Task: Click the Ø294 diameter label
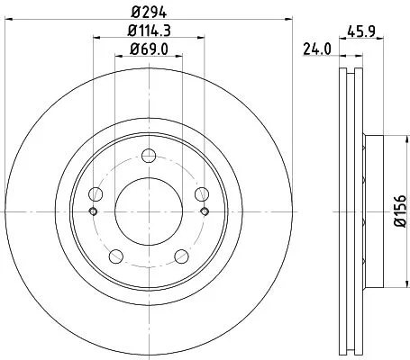149,12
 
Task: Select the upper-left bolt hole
96,194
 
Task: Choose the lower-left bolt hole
116,257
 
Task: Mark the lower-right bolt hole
182,257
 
